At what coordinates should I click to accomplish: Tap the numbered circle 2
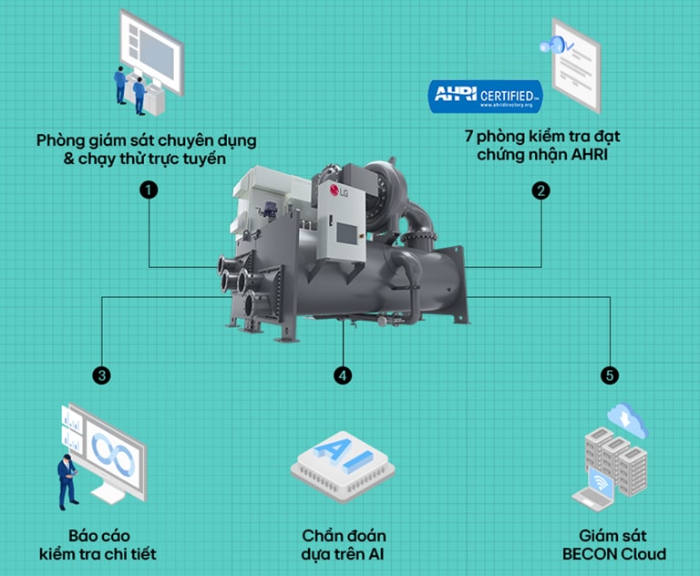pos(541,190)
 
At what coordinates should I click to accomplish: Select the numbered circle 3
pos(102,375)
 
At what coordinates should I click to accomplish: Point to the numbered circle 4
pos(343,375)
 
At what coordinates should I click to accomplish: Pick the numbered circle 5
pos(608,375)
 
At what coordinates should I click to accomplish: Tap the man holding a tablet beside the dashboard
pos(67,478)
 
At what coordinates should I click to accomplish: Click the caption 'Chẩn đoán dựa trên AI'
pos(344,544)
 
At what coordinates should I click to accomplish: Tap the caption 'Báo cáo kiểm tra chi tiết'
pos(103,544)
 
